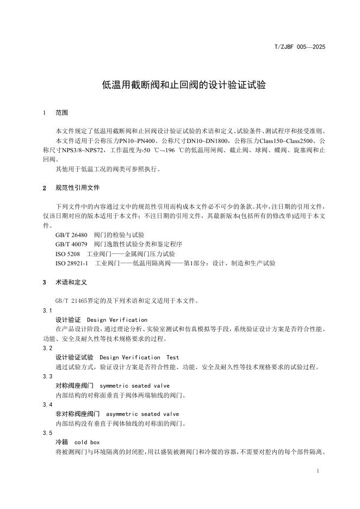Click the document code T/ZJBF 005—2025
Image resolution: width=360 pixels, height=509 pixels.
click(300, 47)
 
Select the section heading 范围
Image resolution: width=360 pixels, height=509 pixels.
click(61, 113)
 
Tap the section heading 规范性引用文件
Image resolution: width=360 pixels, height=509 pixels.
click(78, 188)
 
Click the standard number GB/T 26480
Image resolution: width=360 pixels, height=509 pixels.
click(71, 235)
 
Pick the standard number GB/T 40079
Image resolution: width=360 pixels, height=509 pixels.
click(71, 244)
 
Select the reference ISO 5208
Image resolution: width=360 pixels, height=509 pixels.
click(68, 254)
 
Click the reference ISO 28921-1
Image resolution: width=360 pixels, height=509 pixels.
click(72, 263)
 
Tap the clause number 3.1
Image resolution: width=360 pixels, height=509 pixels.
click(47, 311)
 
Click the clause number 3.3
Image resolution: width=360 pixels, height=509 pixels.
click(47, 376)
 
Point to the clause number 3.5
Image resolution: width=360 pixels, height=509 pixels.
click(47, 433)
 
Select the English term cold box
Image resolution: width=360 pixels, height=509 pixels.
click(87, 443)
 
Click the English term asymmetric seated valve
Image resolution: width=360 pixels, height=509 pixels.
click(142, 414)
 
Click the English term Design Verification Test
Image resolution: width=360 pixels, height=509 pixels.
click(139, 357)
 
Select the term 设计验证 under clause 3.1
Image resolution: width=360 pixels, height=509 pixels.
click(68, 320)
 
